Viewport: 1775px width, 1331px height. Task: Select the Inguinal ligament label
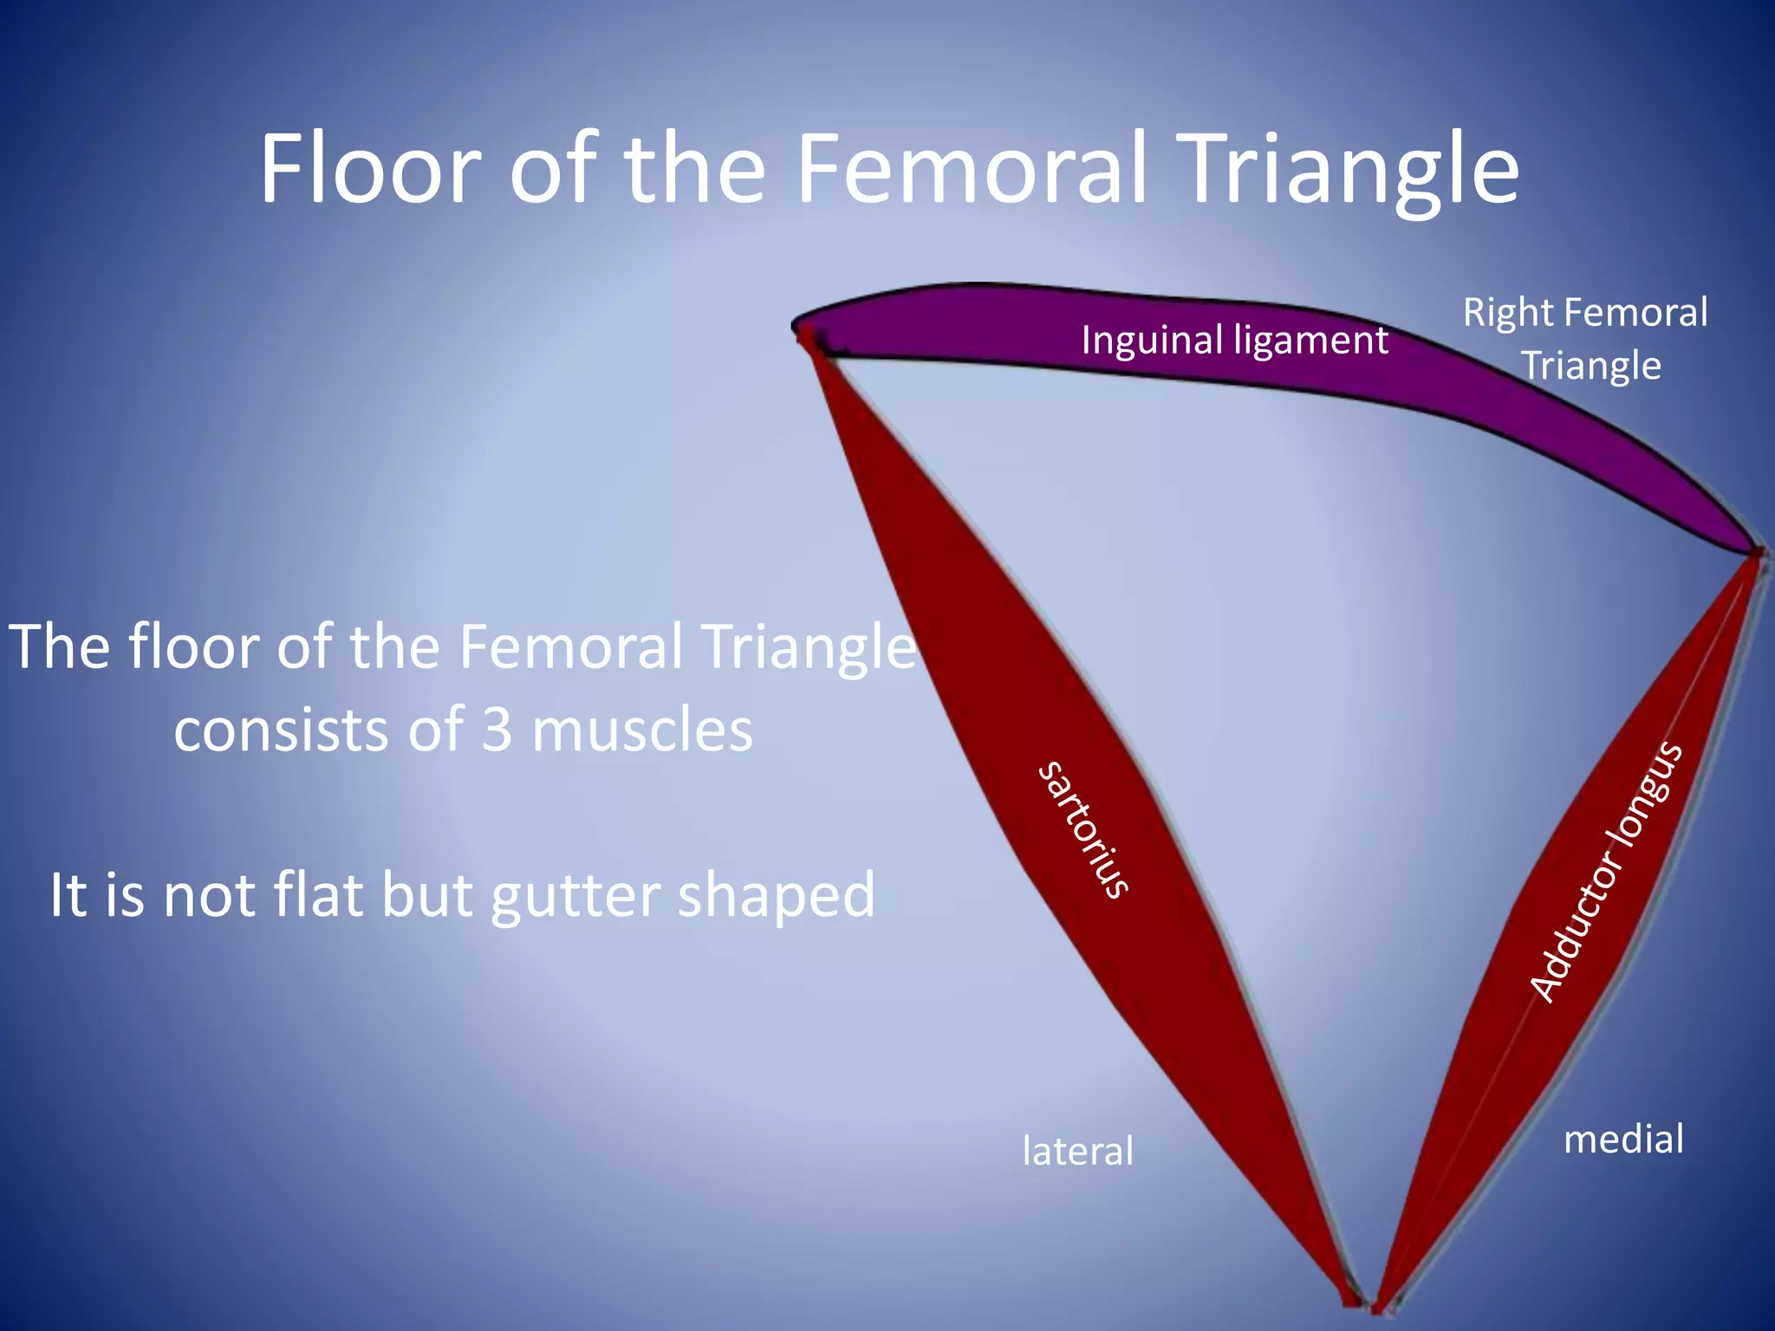pos(1234,340)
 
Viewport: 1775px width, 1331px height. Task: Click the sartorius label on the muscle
pos(1083,829)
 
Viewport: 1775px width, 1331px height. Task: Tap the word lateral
pos(1077,1151)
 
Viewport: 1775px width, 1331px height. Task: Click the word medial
pos(1623,1139)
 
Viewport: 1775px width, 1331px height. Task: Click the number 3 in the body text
pos(497,729)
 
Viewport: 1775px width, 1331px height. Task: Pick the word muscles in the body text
pos(642,729)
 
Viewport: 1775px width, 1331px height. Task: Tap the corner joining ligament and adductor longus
pos(1756,552)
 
